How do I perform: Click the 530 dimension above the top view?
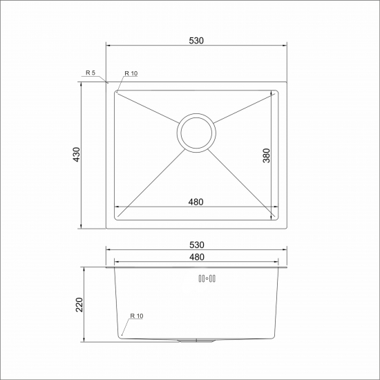[x=196, y=41]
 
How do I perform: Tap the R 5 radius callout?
[x=91, y=73]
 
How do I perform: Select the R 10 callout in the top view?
[x=131, y=73]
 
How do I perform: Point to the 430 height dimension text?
[x=76, y=155]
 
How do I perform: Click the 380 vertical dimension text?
[x=267, y=156]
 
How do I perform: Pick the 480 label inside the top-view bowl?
[x=196, y=202]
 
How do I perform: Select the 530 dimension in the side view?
[x=196, y=245]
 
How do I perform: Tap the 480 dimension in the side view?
[x=196, y=257]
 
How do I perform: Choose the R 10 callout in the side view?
[x=136, y=316]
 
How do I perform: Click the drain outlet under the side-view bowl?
[x=196, y=341]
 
